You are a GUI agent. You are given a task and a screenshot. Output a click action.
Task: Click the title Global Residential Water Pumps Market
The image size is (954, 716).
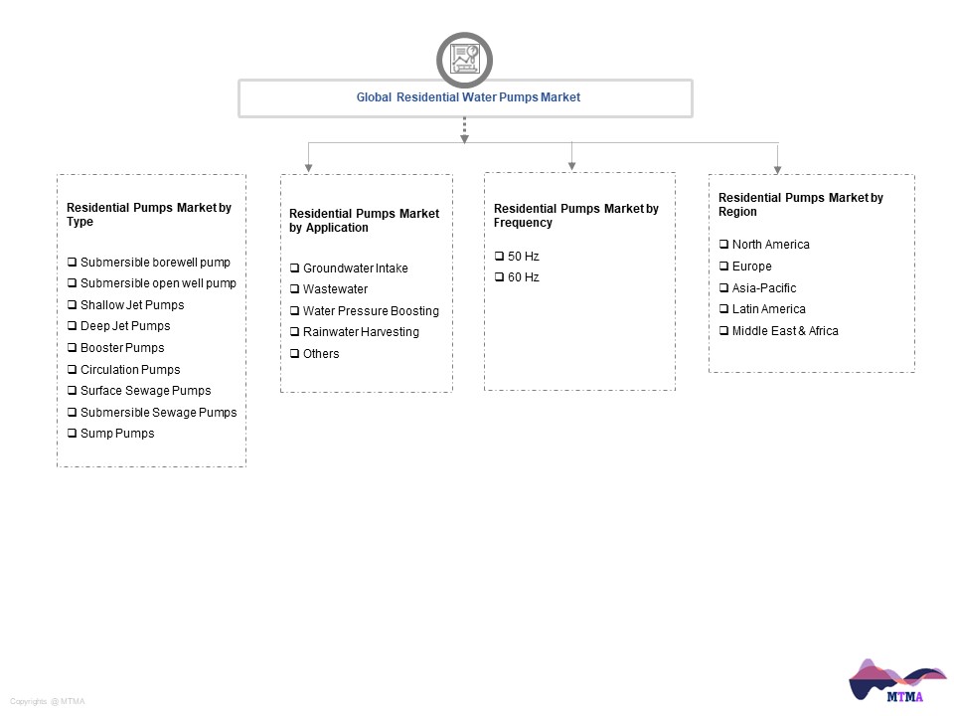coord(468,97)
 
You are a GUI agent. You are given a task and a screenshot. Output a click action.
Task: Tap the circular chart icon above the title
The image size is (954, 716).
coord(464,60)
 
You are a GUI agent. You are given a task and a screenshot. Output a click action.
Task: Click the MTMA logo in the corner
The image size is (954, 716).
coord(897,680)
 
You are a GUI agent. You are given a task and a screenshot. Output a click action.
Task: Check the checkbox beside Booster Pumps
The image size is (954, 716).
coord(72,347)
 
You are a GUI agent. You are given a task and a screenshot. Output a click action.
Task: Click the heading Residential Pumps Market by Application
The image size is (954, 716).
coord(364,221)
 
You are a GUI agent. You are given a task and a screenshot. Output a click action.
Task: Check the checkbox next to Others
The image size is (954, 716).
coord(294,353)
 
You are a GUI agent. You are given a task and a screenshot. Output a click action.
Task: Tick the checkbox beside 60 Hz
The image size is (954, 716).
coord(500,277)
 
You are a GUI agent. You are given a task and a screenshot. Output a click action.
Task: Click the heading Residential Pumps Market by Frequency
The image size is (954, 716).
coord(575,216)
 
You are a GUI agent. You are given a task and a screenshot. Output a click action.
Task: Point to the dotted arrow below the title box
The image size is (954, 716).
coord(464,130)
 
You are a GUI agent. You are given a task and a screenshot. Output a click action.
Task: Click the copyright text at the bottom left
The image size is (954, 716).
coord(48,701)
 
